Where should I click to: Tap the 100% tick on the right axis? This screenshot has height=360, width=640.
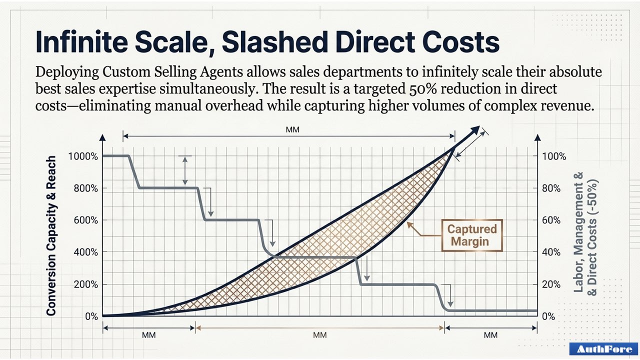[x=554, y=156]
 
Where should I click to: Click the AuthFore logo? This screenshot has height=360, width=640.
[x=603, y=349]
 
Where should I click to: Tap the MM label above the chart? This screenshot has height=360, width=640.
[x=292, y=129]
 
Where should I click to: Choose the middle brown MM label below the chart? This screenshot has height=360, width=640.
[x=319, y=335]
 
